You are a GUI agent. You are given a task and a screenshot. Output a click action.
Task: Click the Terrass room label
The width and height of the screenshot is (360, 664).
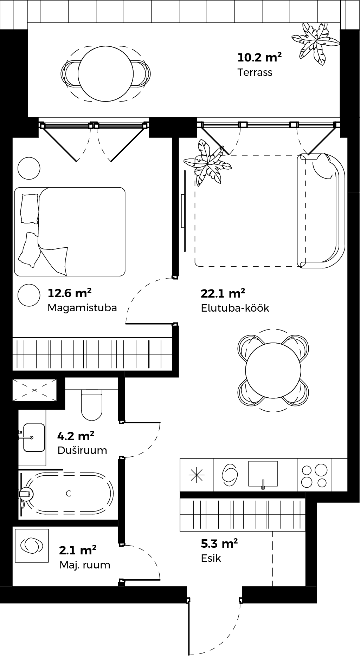(255, 72)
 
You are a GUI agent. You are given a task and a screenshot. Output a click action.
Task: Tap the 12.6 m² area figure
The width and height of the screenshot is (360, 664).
(70, 293)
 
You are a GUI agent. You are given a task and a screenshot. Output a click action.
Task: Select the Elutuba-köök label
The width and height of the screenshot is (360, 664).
(235, 308)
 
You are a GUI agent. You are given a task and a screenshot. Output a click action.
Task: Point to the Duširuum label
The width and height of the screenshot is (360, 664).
(82, 450)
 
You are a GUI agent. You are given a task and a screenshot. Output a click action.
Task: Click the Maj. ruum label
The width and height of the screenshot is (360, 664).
(85, 565)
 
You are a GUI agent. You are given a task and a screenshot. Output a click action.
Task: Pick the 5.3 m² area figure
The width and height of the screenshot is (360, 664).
(219, 543)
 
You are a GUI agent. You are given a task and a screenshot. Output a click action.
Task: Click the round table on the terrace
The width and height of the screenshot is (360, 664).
(105, 74)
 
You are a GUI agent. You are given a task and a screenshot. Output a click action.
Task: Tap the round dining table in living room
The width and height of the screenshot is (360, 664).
(273, 370)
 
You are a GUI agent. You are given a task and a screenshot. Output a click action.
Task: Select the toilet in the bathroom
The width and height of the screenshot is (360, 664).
(92, 405)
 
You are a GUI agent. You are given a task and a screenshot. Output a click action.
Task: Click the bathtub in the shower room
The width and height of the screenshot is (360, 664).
(67, 493)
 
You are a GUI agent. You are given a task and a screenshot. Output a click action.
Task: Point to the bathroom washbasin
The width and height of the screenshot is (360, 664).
(34, 437)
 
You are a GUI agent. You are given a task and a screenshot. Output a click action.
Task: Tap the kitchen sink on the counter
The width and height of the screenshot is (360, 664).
(263, 474)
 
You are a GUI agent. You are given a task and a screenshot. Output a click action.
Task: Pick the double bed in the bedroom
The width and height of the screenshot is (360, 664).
(70, 232)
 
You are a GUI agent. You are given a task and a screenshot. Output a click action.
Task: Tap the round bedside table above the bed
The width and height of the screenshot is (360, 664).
(29, 168)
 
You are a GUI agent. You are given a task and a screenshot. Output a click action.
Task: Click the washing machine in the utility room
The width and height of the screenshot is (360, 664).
(32, 545)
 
